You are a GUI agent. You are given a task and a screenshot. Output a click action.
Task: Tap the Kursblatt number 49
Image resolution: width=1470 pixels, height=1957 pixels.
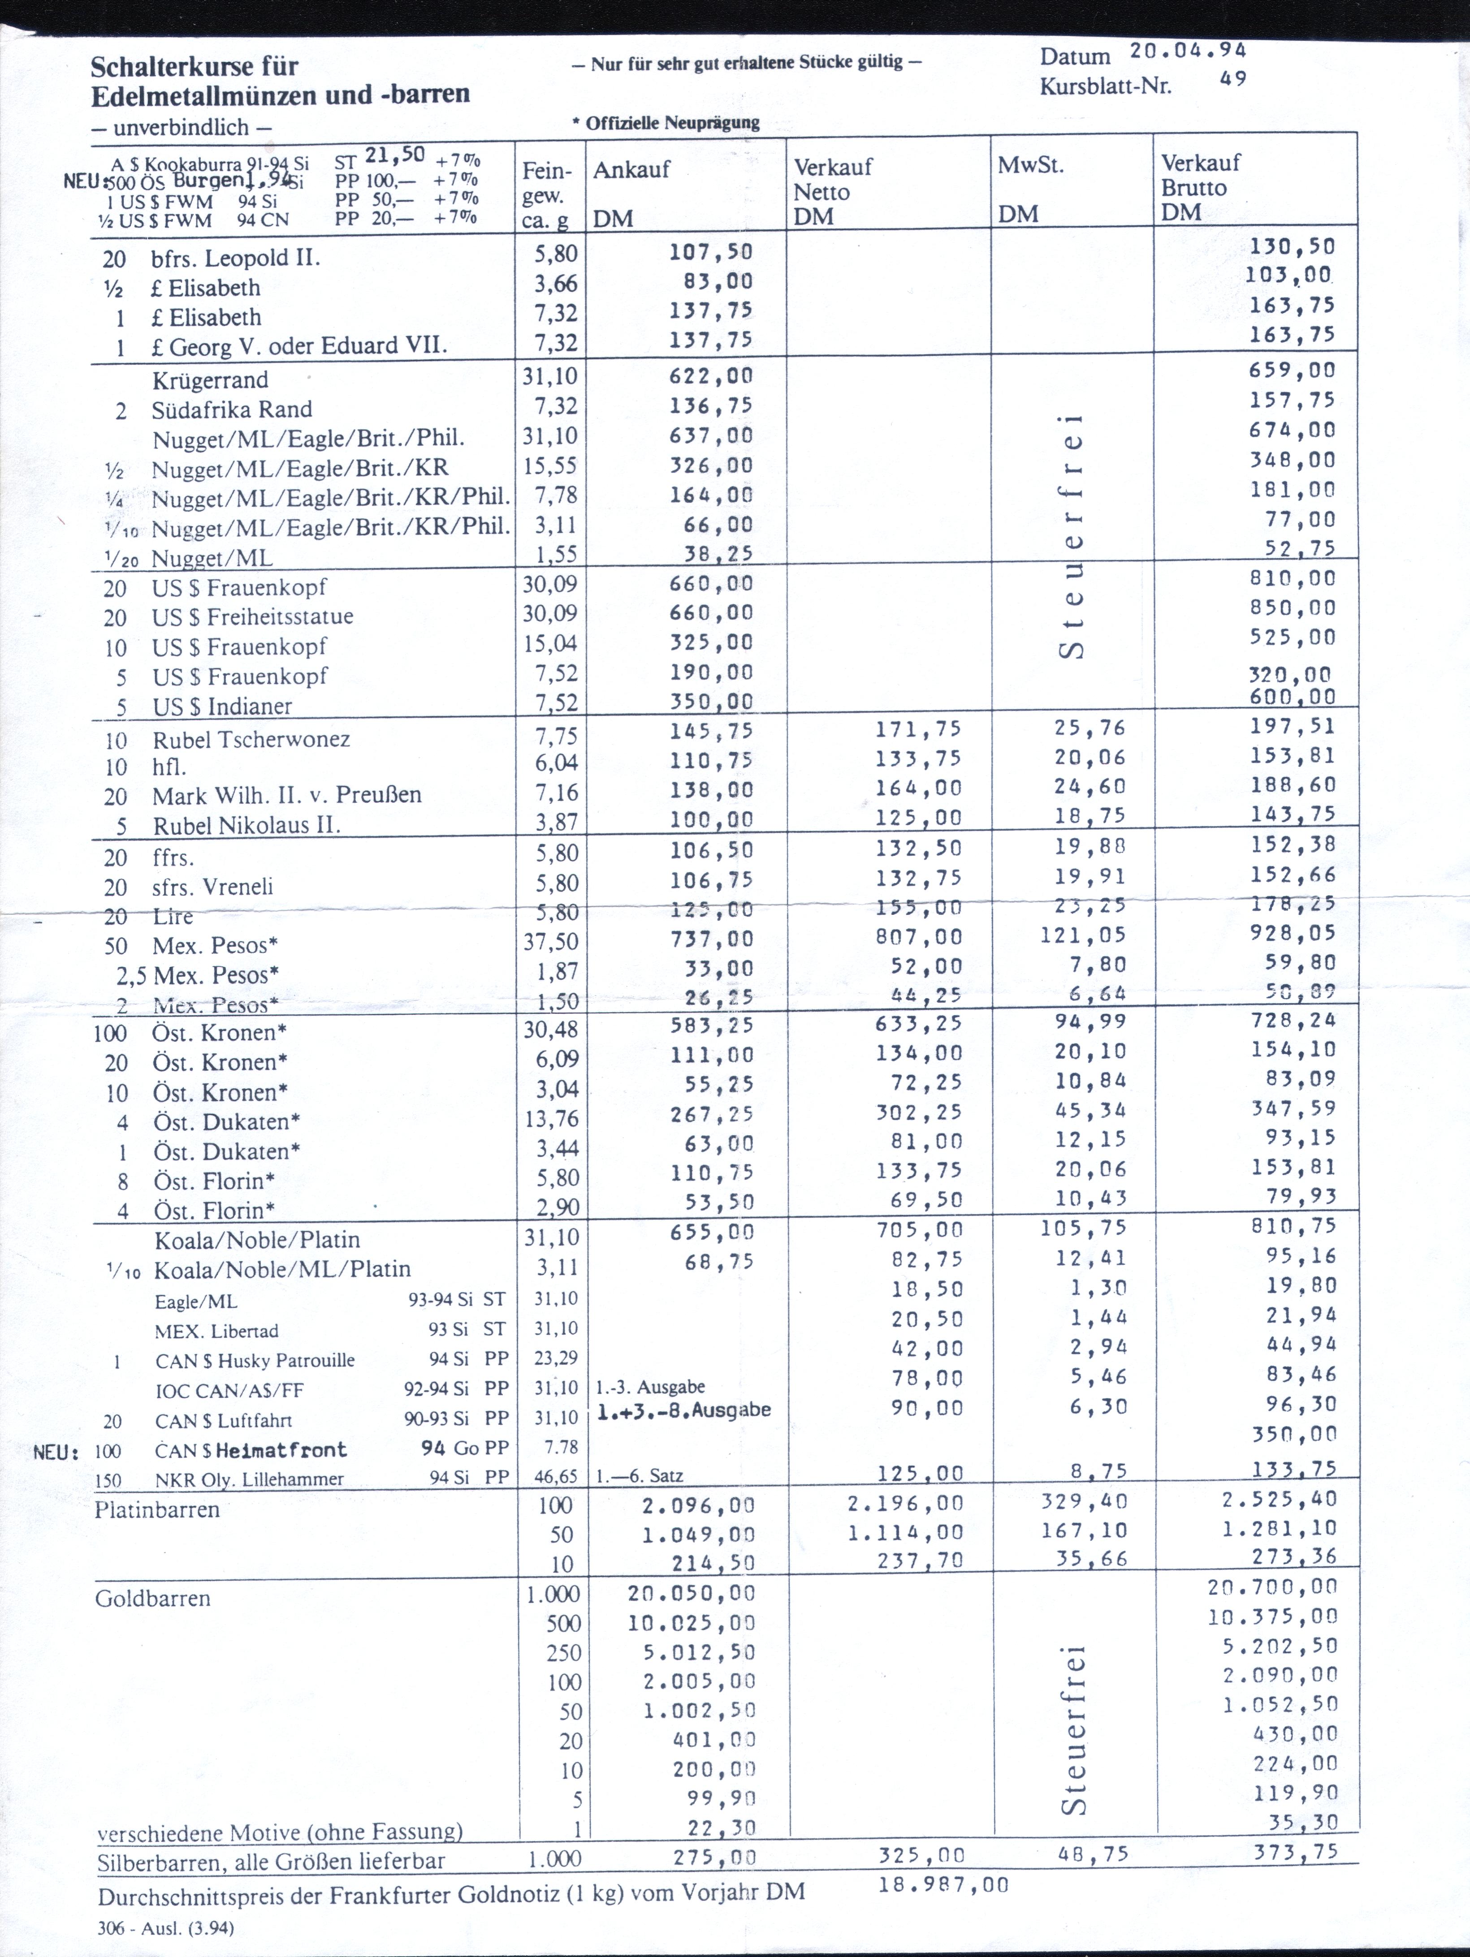click(1233, 79)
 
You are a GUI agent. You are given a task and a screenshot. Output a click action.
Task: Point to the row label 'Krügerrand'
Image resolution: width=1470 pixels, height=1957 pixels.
click(210, 380)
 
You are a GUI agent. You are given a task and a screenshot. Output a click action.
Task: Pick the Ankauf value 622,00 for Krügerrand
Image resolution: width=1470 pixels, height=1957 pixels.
click(711, 376)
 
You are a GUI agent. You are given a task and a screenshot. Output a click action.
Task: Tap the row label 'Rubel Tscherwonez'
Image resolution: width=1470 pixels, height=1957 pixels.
click(251, 740)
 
